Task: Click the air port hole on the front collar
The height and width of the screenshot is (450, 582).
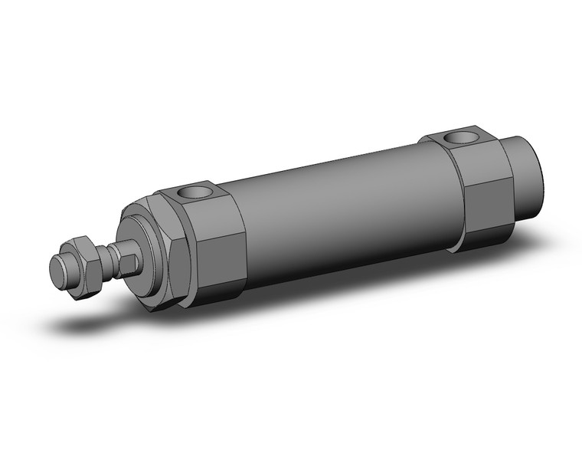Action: pos(197,191)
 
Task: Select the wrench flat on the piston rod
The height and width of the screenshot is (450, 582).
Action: pos(128,263)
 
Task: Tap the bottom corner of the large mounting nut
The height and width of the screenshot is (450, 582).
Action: pos(157,310)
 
